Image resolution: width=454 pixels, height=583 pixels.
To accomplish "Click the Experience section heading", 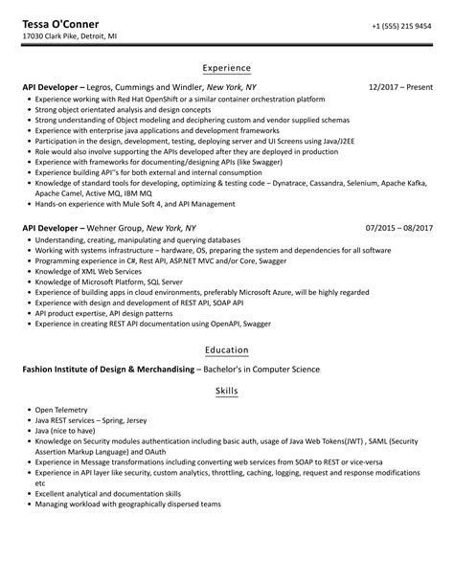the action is click(227, 68).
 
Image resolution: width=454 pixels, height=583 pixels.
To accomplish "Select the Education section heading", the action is click(227, 350).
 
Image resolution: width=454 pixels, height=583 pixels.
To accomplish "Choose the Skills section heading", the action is click(227, 392).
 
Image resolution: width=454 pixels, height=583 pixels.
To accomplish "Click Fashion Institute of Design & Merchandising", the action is click(108, 370).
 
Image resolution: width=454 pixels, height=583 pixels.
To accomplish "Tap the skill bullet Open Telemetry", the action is click(60, 410).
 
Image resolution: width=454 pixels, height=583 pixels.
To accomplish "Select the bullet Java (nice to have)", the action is click(64, 432).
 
